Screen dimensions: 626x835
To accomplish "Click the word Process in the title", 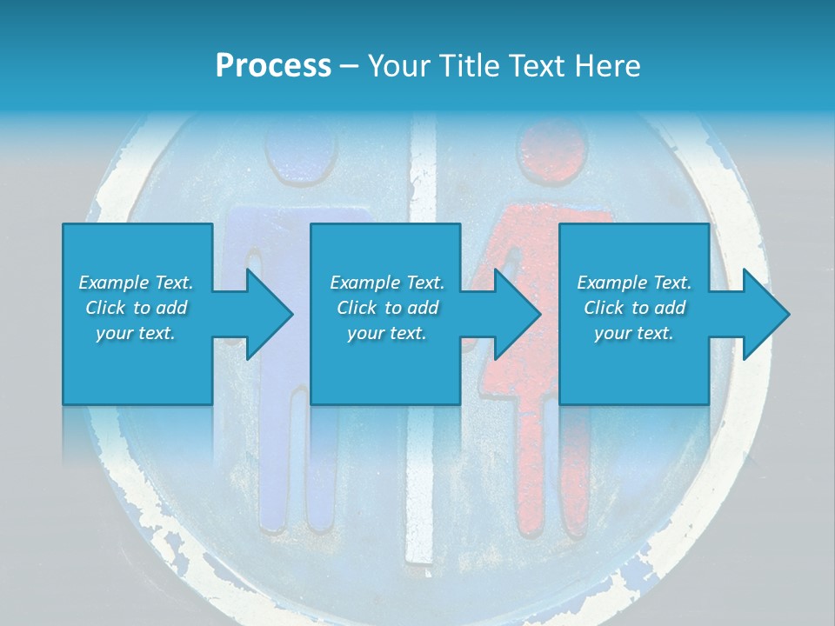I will coord(273,65).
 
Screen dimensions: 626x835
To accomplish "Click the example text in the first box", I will coord(137,308).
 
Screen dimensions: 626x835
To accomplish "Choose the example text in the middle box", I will coord(387,308).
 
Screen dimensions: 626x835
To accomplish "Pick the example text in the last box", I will coord(634,308).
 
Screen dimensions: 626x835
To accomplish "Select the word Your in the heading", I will coord(397,65).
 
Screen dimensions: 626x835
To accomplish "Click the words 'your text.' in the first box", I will coord(137,333).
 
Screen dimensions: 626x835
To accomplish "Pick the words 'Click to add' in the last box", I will coord(634,308).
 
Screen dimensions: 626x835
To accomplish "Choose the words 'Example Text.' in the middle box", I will coord(387,283).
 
